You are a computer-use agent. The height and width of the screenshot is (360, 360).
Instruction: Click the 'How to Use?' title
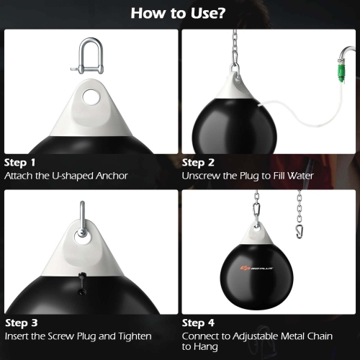click(179, 13)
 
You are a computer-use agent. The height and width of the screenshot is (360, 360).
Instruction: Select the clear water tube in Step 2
click(288, 119)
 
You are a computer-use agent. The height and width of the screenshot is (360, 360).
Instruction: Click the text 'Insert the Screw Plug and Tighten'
click(78, 336)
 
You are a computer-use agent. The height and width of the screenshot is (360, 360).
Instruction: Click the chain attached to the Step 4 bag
click(256, 205)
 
